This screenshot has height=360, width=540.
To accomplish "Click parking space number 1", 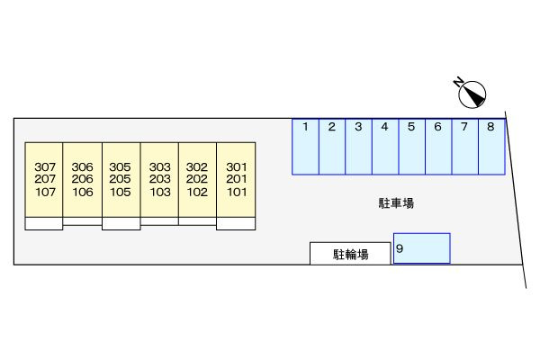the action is pyautogui.click(x=305, y=147).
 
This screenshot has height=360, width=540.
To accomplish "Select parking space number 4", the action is pyautogui.click(x=385, y=147).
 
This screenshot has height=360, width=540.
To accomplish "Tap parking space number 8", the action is pyautogui.click(x=491, y=147).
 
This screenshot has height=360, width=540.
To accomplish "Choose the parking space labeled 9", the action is pyautogui.click(x=422, y=248).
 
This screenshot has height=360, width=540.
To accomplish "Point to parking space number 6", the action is pyautogui.click(x=438, y=147).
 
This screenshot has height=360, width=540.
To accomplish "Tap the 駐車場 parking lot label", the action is pyautogui.click(x=396, y=203).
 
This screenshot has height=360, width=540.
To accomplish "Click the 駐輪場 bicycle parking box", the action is pyautogui.click(x=350, y=254).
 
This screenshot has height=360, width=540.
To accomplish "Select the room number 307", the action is pyautogui.click(x=45, y=167).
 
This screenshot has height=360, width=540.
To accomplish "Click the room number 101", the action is pyautogui.click(x=237, y=192).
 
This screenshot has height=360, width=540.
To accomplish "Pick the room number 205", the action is pyautogui.click(x=121, y=179).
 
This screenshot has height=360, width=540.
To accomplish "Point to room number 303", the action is pyautogui.click(x=160, y=167).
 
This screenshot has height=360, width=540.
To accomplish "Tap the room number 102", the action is pyautogui.click(x=197, y=192).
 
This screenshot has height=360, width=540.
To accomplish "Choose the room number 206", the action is pyautogui.click(x=82, y=179).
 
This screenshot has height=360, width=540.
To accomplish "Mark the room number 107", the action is pyautogui.click(x=46, y=192).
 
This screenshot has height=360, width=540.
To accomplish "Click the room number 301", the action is pyautogui.click(x=237, y=167).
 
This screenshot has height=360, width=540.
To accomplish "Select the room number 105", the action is pyautogui.click(x=121, y=192).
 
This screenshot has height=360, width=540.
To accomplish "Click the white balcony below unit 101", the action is pyautogui.click(x=236, y=223).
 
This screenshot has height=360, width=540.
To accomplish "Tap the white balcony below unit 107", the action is pyautogui.click(x=44, y=223).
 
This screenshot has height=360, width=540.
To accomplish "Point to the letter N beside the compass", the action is pyautogui.click(x=458, y=82).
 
